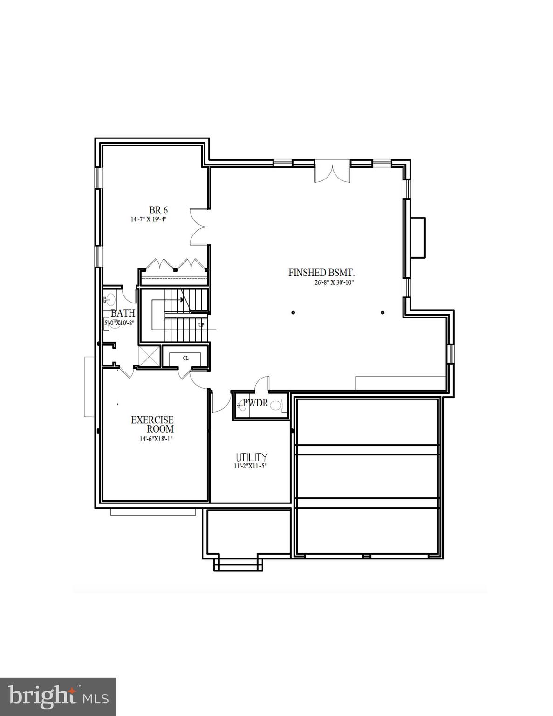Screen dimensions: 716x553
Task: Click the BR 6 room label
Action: pos(158,210)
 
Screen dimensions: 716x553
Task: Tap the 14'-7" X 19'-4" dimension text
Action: pos(149,219)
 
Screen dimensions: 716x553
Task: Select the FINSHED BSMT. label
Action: pos(325,273)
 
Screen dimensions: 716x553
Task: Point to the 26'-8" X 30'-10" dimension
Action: pos(335,282)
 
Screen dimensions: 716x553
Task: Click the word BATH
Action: pos(123,313)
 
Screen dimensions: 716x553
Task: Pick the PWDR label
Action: pos(256,403)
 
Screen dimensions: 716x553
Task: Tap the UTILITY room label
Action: pos(252,457)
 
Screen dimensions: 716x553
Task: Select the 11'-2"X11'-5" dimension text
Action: pos(250,466)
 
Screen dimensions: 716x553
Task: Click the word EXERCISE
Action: pos(152,420)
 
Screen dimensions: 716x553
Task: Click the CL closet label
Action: pos(185,358)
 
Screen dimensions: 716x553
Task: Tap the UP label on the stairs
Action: pos(201,324)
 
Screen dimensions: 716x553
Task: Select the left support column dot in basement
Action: pos(293,312)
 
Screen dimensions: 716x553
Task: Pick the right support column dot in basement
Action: pos(382,312)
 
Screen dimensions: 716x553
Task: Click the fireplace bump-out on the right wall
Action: pos(418,237)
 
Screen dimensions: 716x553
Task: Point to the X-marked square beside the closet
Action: pos(150,357)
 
